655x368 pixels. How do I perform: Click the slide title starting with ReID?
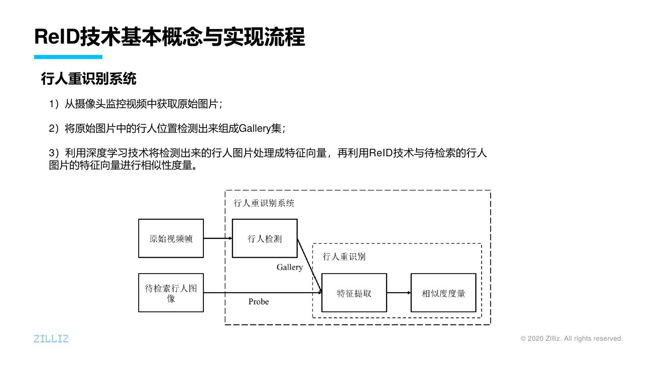coord(169,37)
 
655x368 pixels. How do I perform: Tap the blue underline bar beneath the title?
coord(68,57)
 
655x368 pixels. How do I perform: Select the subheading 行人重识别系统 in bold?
coord(89,79)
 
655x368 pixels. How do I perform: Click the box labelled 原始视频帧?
coord(171,239)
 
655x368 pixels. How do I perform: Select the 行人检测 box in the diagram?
coord(264,239)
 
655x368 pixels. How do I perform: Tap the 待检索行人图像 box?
coord(171,293)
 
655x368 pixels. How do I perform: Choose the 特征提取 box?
coord(354,293)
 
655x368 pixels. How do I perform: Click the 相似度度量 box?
coord(443,293)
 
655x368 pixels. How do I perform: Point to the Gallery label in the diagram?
coord(289,267)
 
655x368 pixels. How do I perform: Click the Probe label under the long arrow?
coord(258,302)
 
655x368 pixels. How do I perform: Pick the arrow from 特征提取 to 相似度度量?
coord(398,293)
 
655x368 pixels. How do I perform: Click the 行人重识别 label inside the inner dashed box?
coord(344,257)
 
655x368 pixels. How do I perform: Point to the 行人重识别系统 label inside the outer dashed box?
coord(264,203)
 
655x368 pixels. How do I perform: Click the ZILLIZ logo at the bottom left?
coord(51,338)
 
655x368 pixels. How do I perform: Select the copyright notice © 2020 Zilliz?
coord(571,338)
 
